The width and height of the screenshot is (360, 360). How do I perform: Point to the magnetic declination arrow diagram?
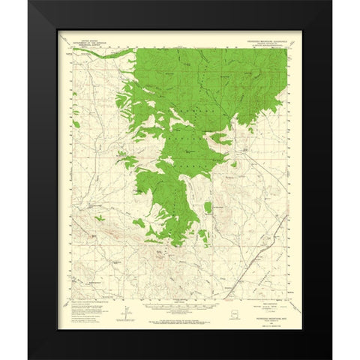click(127, 308)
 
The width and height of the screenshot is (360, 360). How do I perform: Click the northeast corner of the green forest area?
click(286, 50)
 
